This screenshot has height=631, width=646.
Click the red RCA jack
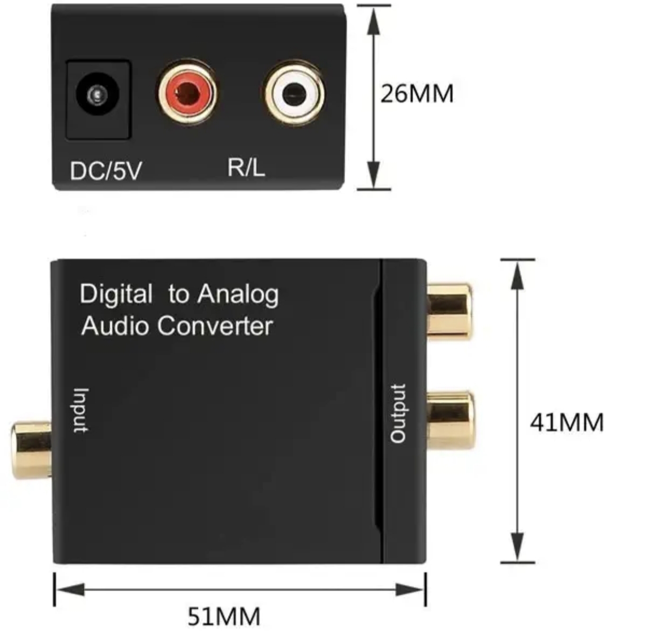[187, 93]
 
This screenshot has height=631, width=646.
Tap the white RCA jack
[294, 94]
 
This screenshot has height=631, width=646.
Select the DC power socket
[98, 98]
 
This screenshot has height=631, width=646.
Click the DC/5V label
[106, 170]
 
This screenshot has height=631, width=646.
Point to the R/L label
[246, 167]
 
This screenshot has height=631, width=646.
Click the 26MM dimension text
[417, 94]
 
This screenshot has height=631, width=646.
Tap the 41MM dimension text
[567, 422]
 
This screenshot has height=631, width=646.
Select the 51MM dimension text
[224, 616]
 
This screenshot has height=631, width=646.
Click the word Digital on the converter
[116, 294]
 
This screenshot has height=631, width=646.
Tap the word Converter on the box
[215, 326]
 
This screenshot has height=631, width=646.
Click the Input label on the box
[80, 411]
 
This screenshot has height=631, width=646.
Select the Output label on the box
[398, 413]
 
